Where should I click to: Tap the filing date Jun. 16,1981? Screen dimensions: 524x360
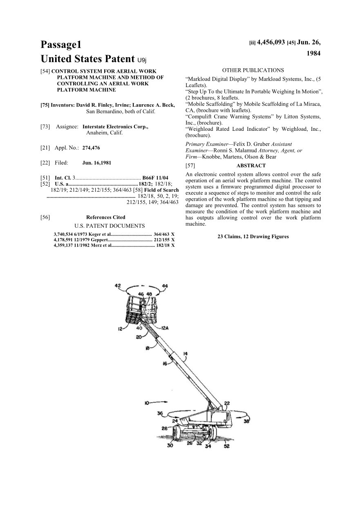pos(96,163)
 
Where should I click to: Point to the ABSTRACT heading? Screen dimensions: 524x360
pos(251,166)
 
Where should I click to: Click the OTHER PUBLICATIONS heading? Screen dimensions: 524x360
pos(253,70)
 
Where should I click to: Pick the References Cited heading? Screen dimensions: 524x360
pos(105,217)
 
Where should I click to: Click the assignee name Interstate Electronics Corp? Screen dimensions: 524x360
pos(115,127)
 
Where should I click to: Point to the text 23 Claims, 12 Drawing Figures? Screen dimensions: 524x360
pos(253,236)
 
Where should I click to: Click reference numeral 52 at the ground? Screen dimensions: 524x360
pos(226,446)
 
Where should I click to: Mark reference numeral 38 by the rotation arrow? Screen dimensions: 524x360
pos(246,421)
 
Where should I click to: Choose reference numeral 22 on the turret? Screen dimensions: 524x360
pos(226,403)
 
